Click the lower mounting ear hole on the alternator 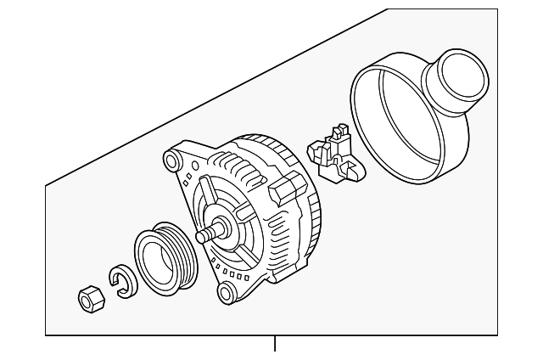(226, 293)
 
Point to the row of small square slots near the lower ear (234, 273)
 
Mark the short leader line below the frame (275, 345)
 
